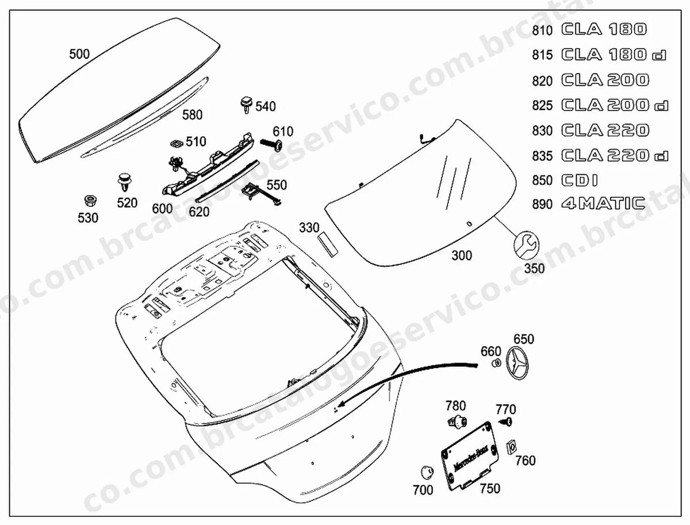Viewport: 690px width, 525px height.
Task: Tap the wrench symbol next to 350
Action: point(527,245)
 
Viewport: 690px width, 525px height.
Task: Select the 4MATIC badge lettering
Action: point(603,204)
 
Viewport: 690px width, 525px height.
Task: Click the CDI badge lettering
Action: point(580,180)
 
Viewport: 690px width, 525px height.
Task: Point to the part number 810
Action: point(542,30)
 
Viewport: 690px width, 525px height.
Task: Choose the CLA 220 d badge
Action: point(615,155)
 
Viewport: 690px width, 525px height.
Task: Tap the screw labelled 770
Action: point(506,422)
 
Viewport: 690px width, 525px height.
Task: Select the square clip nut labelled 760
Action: point(512,447)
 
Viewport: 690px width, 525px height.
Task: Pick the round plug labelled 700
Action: point(427,472)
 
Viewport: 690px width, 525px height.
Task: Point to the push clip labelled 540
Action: point(247,105)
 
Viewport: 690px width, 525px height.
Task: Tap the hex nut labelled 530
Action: point(90,201)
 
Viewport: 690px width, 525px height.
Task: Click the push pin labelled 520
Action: point(125,182)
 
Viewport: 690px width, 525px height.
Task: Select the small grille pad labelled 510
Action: point(177,143)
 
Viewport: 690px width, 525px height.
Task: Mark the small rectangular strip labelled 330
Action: point(327,244)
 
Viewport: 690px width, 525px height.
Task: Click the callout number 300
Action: point(462,255)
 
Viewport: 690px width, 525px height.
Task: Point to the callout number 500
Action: point(79,54)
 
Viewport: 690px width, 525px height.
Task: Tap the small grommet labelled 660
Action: point(496,363)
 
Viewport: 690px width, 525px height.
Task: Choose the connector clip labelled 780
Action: point(457,421)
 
